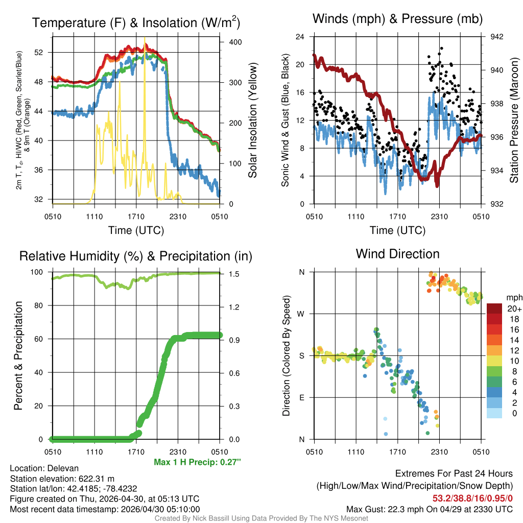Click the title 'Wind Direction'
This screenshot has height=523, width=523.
coord(397,254)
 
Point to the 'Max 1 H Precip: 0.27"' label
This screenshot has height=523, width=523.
coord(197,462)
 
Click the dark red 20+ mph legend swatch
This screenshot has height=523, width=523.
coord(495,308)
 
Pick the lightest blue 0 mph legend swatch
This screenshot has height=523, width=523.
coord(495,413)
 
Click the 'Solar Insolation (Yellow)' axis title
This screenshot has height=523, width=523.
coord(252,121)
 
